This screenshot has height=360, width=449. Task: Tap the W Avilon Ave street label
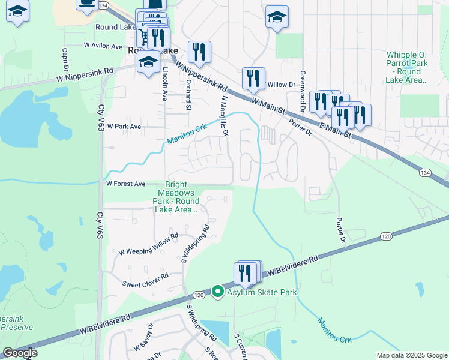103,45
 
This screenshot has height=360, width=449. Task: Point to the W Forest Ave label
126,184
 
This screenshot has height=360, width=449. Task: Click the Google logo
19,353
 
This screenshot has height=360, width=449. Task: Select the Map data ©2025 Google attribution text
411,355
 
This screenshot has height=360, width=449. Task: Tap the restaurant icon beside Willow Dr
253,78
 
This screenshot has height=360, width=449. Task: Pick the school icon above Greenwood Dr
277,17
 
